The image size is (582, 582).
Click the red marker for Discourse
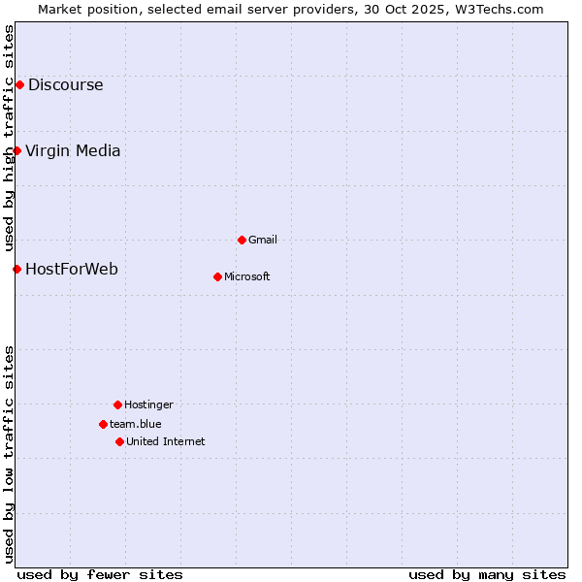(19, 84)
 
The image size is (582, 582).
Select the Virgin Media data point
(16, 150)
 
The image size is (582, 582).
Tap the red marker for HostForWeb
(16, 269)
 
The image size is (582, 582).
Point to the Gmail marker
(242, 240)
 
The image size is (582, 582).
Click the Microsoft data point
(217, 276)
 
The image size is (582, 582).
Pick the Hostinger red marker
(117, 404)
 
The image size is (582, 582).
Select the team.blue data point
(103, 424)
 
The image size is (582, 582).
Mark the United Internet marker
(119, 441)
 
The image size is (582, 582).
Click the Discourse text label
(65, 84)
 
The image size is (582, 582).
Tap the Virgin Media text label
(73, 150)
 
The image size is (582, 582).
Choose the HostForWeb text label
(71, 269)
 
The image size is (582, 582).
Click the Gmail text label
(263, 240)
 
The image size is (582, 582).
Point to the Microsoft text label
(247, 276)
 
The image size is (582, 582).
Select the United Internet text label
(165, 441)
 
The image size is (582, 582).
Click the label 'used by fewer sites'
(100, 574)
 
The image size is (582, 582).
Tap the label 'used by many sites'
(487, 574)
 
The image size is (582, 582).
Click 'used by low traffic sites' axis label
(9, 453)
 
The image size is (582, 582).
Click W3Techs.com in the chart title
(501, 9)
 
